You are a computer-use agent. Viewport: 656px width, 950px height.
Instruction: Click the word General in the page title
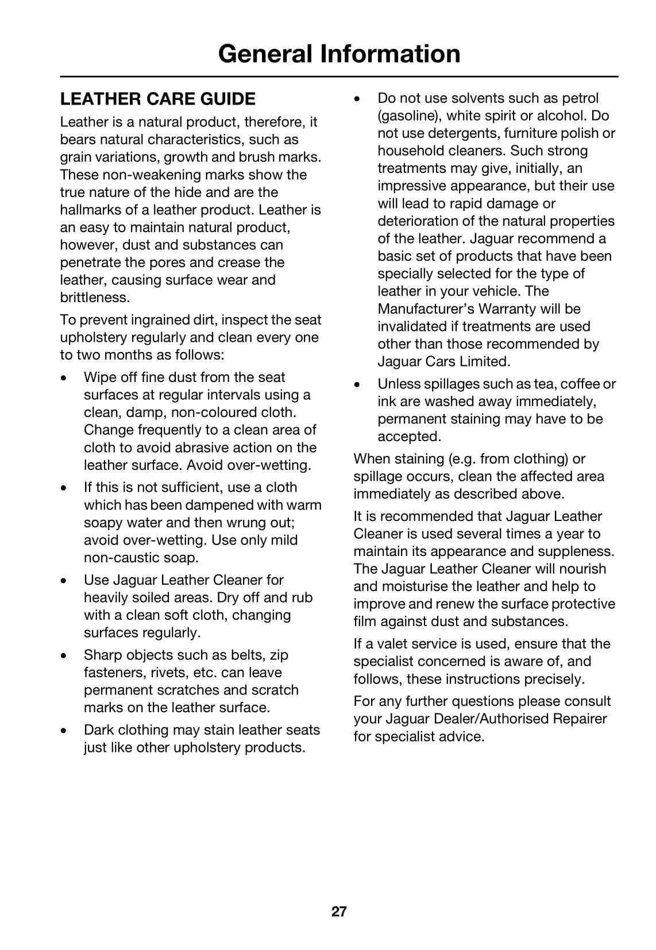click(265, 54)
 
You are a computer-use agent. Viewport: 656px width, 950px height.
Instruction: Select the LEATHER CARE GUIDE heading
click(158, 99)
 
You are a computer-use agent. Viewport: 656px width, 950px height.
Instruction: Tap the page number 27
click(339, 912)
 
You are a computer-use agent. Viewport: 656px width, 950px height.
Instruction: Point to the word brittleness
click(95, 298)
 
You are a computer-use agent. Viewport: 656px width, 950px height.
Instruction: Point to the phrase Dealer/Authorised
click(520, 719)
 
